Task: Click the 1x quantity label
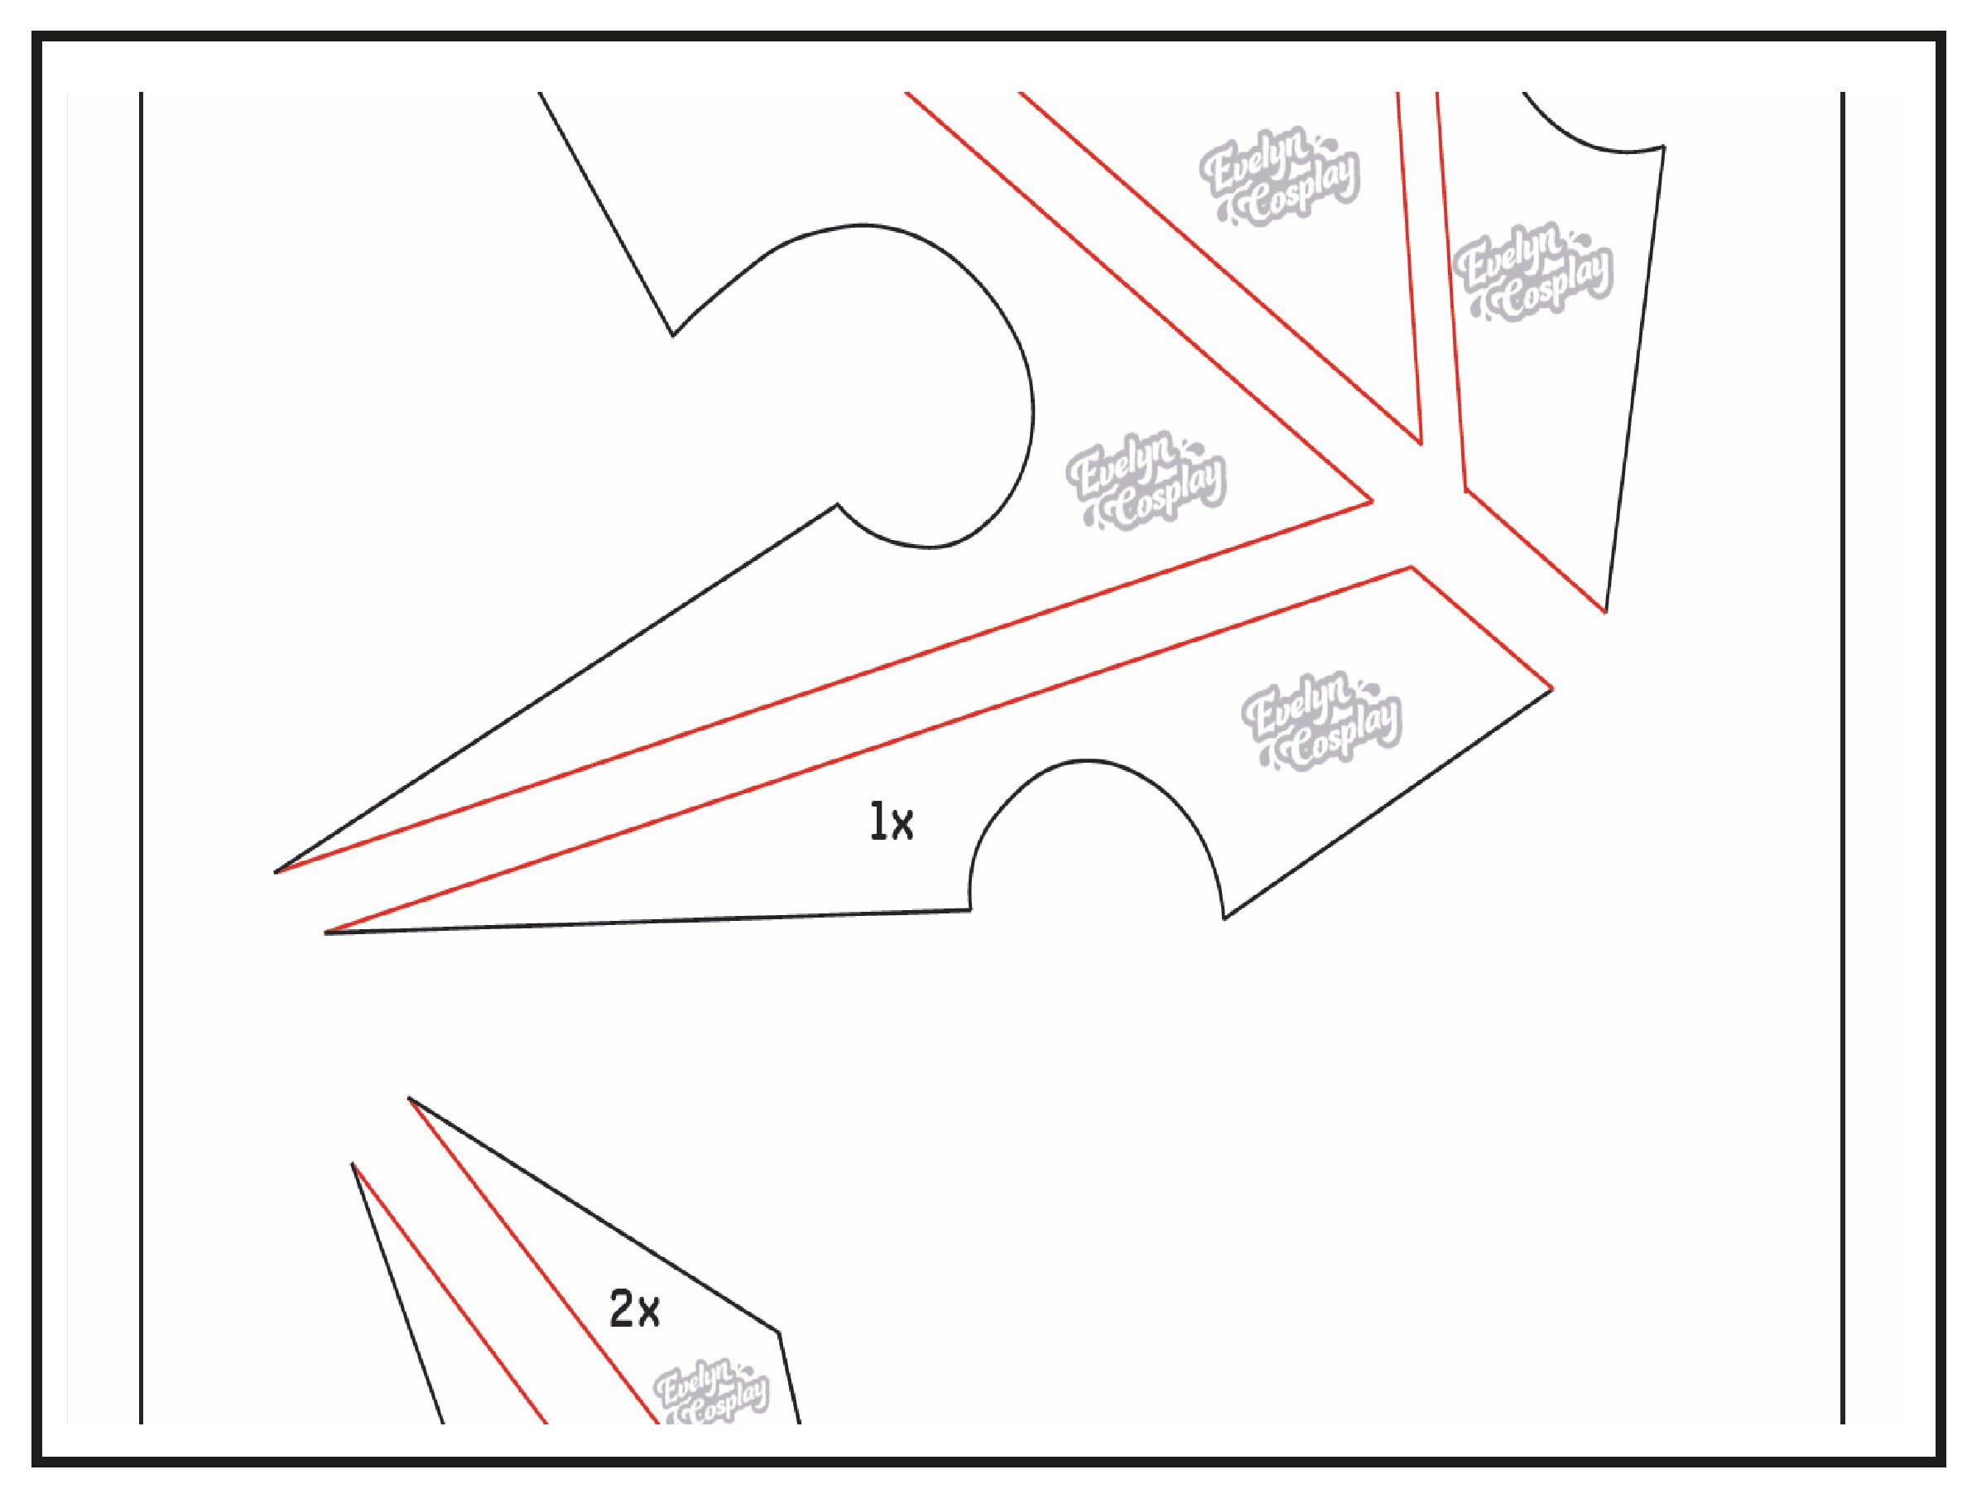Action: click(x=892, y=822)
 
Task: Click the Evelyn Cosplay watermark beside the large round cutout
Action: click(x=1147, y=485)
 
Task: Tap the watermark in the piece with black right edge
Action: click(x=1532, y=272)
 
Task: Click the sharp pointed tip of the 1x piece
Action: click(x=326, y=932)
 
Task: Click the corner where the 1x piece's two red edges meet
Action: click(x=1412, y=567)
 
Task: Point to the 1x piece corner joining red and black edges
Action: click(x=1552, y=688)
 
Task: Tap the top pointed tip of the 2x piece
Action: click(x=409, y=1097)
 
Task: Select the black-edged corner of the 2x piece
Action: click(x=778, y=1358)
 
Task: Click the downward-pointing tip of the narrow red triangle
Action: click(x=1420, y=443)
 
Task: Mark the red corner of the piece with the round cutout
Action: click(x=1372, y=502)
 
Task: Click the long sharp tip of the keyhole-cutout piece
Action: click(x=276, y=872)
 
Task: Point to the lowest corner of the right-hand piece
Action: click(x=1605, y=613)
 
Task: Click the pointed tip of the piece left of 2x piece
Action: click(x=353, y=1164)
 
